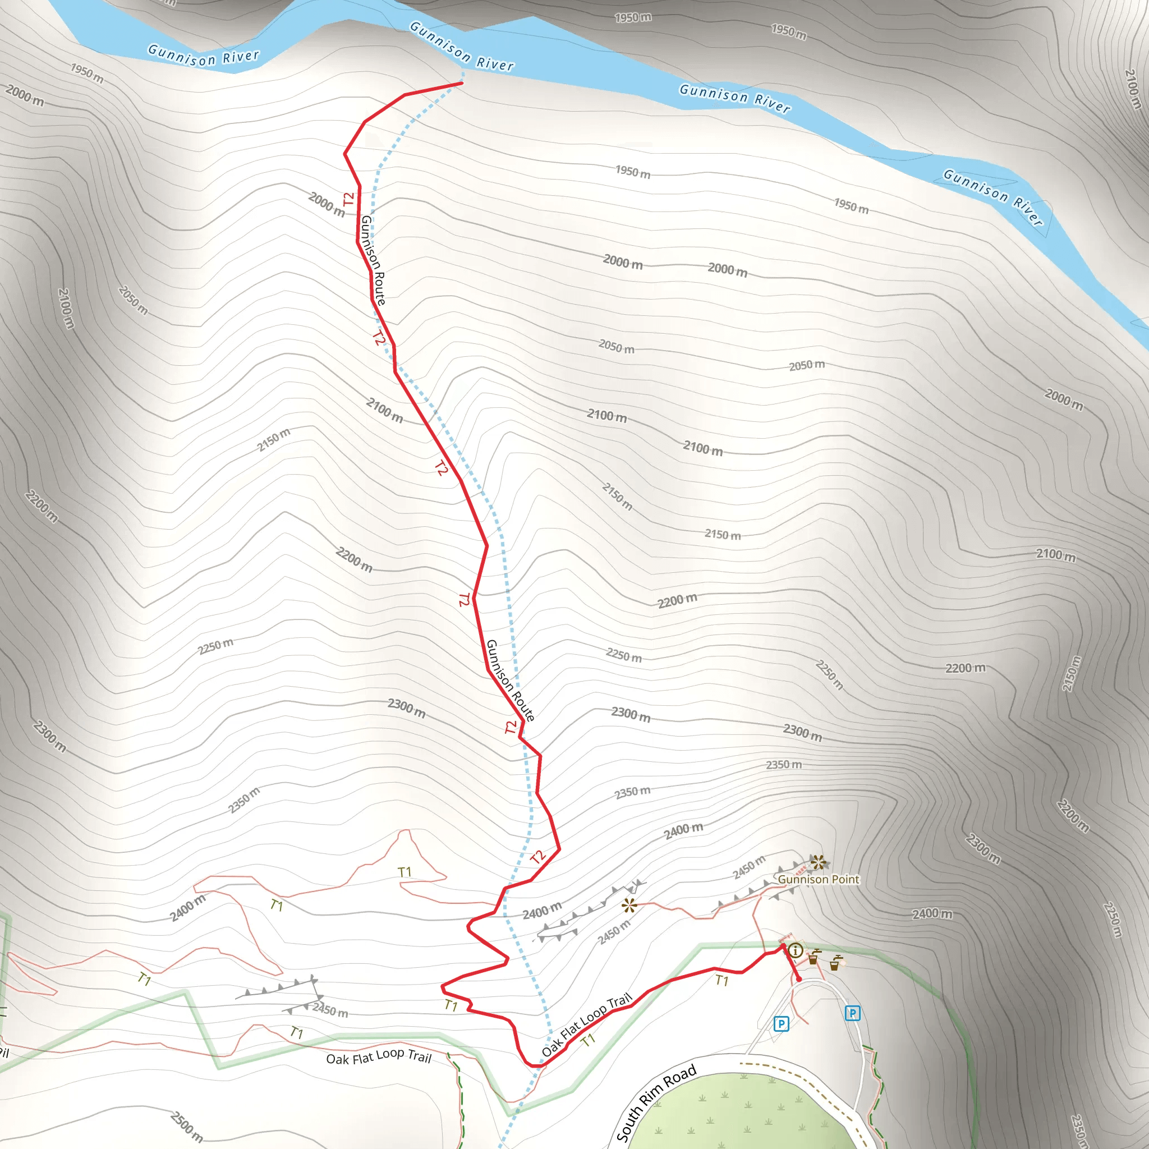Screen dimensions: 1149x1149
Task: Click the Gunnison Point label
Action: point(819,880)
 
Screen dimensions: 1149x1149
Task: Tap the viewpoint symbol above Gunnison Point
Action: point(819,862)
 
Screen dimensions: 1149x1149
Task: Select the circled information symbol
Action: point(796,950)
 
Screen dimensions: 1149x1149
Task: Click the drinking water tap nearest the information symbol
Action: point(814,957)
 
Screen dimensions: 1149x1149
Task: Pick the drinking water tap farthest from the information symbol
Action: point(835,962)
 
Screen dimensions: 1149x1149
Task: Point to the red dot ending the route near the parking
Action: point(799,979)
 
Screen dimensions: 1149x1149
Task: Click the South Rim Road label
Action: point(656,1103)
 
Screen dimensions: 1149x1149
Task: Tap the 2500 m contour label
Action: point(187,1127)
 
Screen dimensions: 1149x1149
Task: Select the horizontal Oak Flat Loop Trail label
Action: point(378,1058)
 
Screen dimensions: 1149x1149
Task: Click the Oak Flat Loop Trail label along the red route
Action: point(586,1024)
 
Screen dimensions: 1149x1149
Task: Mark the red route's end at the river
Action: point(462,83)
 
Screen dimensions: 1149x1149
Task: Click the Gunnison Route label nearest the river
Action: point(374,260)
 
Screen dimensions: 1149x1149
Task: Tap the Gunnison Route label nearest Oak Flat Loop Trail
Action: point(509,681)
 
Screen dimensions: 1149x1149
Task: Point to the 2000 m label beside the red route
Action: point(327,205)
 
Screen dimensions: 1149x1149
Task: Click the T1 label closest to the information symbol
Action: point(721,981)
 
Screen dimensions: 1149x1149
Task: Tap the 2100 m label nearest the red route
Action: point(384,410)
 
